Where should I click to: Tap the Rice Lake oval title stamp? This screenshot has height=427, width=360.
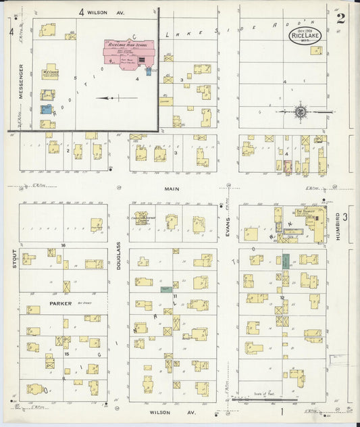click(305, 36)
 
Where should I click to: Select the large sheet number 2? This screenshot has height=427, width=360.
click(340, 18)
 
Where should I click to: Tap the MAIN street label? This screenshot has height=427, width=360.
click(172, 189)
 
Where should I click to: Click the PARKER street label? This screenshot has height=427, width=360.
click(59, 303)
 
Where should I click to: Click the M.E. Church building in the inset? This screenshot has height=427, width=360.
click(48, 74)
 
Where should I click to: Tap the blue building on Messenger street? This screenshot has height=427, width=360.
click(46, 109)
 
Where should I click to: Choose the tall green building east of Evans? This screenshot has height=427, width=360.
click(286, 261)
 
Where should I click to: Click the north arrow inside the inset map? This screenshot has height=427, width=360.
click(107, 98)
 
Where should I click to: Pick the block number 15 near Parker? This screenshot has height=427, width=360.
click(66, 353)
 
